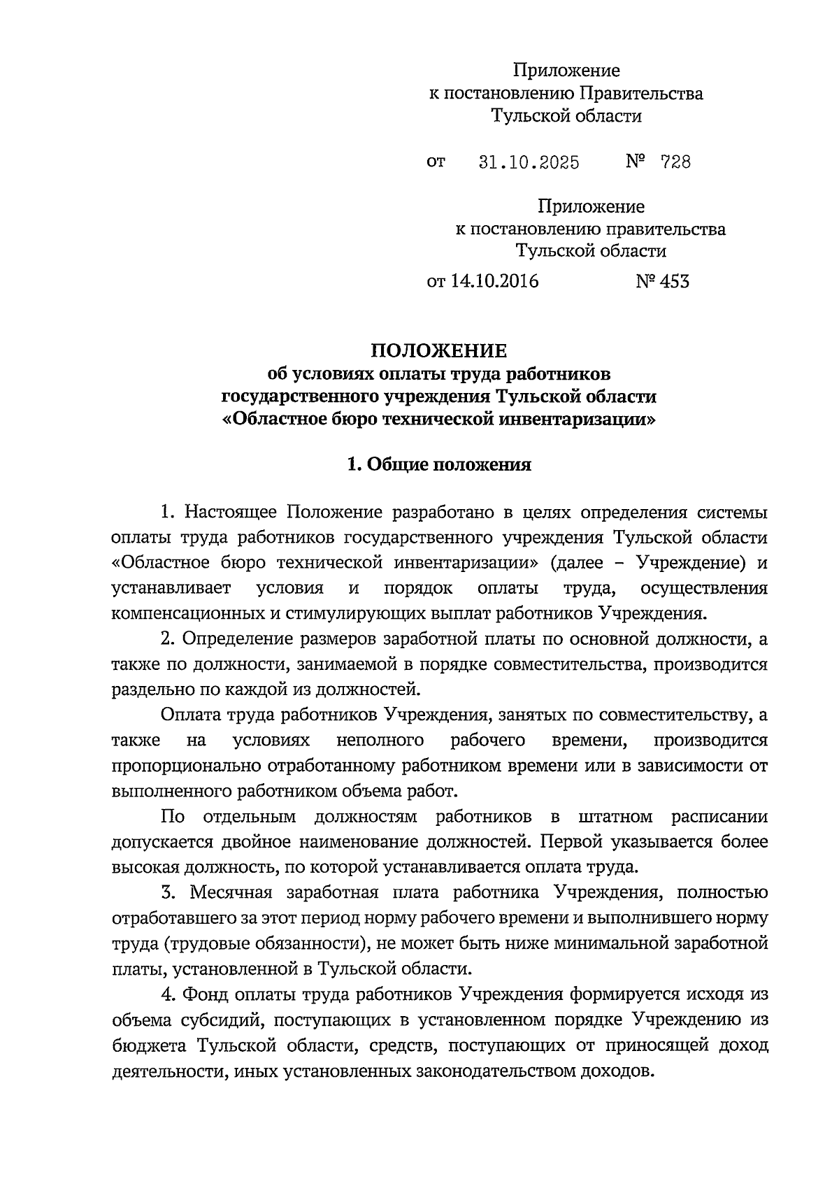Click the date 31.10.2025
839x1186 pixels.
tap(529, 163)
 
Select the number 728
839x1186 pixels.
tap(675, 163)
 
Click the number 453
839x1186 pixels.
tap(673, 282)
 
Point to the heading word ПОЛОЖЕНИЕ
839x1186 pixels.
tap(438, 350)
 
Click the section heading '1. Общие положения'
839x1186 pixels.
tap(439, 464)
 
